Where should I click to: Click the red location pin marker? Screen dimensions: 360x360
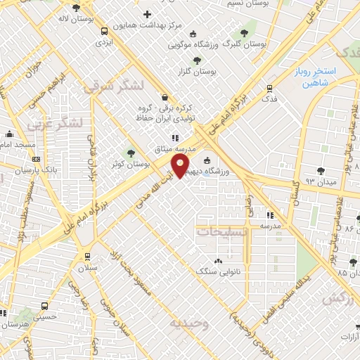point(181,166)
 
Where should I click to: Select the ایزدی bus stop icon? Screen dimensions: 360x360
point(104,32)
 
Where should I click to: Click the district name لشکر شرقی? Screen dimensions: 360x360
point(112,86)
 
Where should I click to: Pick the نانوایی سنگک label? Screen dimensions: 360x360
point(218,270)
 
